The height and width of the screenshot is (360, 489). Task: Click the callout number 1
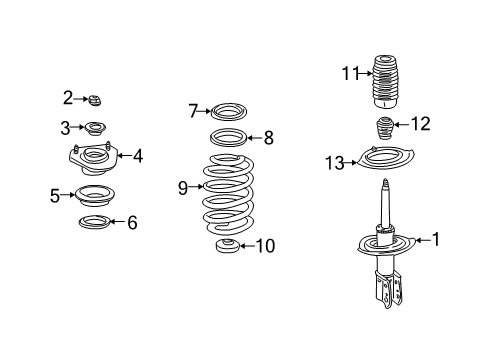coord(435,239)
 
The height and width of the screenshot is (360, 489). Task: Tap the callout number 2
coord(68,97)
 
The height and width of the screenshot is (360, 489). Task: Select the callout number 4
coord(138,155)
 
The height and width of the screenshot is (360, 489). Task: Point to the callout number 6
coord(132,222)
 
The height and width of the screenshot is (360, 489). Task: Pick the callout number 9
coord(183,187)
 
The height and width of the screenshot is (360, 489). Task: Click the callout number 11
coord(349,71)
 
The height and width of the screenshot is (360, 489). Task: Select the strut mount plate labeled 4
coord(92,157)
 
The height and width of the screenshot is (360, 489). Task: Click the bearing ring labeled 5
coord(95,194)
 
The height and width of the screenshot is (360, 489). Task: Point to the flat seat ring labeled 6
coord(95,221)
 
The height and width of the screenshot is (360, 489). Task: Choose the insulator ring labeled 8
coord(228,138)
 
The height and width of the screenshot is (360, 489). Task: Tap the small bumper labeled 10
coord(227,246)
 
